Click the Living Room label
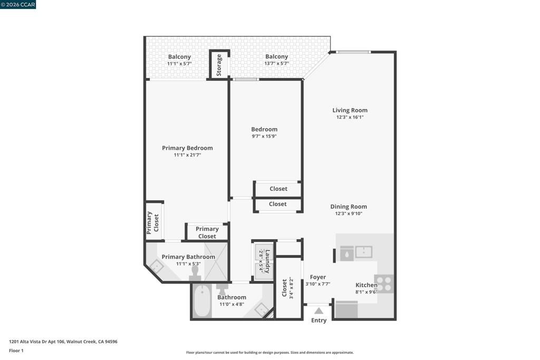point(350,110)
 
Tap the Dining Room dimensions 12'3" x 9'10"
point(349,213)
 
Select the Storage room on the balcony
point(219,64)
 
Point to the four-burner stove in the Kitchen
point(383,284)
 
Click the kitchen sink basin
point(363,252)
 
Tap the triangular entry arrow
point(319,310)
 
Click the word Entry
point(319,320)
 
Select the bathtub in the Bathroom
point(202,301)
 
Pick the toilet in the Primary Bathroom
point(195,273)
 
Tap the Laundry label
point(268,261)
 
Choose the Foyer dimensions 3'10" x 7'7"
point(317,284)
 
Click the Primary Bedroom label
point(187,148)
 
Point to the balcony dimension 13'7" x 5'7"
point(276,63)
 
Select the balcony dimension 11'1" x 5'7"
point(179,63)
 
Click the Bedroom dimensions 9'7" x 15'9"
point(264,136)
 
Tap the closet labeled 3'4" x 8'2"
point(288,288)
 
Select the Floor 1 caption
point(16,351)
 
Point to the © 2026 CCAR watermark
point(18,4)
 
